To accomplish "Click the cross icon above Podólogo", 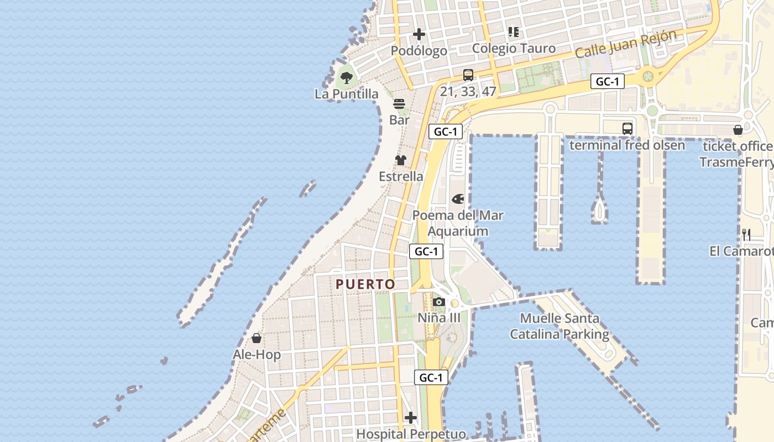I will pos(419,34).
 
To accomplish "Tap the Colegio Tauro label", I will pos(514,49).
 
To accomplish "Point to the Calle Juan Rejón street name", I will pos(626,45).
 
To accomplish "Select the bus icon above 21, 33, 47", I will pos(468,75).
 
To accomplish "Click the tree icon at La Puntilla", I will pos(347,77).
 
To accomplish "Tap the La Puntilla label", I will pos(347,94).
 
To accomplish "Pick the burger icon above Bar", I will pos(399,104).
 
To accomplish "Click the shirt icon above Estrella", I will pos(401,160).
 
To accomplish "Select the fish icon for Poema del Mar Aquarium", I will pos(458,199).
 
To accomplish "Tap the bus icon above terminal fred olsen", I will pos(627,129).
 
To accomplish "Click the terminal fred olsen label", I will pos(627,145).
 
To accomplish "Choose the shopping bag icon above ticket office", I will pos(738,130).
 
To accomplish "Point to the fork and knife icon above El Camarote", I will pos(746,235).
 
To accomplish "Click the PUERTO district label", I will pos(366,284).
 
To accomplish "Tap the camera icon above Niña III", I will pos(439,302).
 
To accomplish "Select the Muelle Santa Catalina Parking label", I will pos(559,326).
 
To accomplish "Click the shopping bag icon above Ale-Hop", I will pos(257,338).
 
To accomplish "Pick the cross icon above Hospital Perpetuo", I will pos(411,418).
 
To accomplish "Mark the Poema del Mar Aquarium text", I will pos(458,223).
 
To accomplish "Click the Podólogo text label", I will pos(419,51).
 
